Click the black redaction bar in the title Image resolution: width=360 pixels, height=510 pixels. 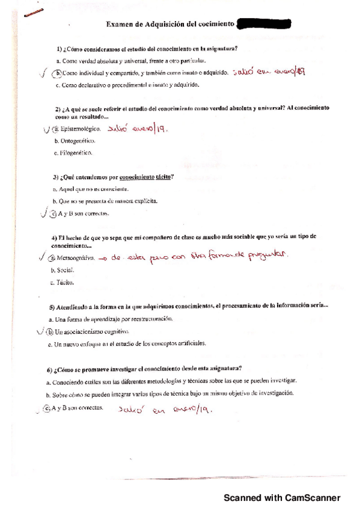[264, 24]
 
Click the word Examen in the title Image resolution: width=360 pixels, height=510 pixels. [120, 24]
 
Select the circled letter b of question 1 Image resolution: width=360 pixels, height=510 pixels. [58, 73]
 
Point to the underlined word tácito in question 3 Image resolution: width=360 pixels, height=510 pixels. [163, 177]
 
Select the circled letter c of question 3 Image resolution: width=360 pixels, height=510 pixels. [53, 214]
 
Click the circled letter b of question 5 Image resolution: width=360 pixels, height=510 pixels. [50, 331]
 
